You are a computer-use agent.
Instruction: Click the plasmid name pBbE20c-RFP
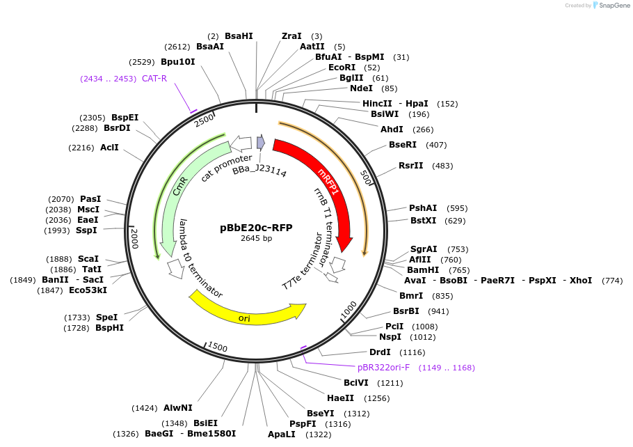click(x=256, y=227)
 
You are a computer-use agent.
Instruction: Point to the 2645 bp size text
click(x=256, y=238)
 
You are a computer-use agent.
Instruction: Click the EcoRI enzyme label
click(x=342, y=68)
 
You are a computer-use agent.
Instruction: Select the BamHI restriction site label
click(x=423, y=269)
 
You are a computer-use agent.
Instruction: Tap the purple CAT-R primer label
click(x=154, y=79)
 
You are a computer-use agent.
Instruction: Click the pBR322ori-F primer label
click(x=383, y=368)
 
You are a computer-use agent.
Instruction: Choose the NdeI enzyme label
click(x=361, y=88)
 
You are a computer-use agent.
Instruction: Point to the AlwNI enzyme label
click(x=178, y=408)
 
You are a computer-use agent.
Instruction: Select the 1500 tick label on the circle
click(x=218, y=347)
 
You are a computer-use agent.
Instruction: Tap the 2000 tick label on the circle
click(x=135, y=238)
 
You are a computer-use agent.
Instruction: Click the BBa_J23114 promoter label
click(x=259, y=171)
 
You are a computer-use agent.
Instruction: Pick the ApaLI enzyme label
click(x=281, y=434)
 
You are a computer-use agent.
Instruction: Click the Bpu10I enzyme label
click(x=177, y=62)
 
